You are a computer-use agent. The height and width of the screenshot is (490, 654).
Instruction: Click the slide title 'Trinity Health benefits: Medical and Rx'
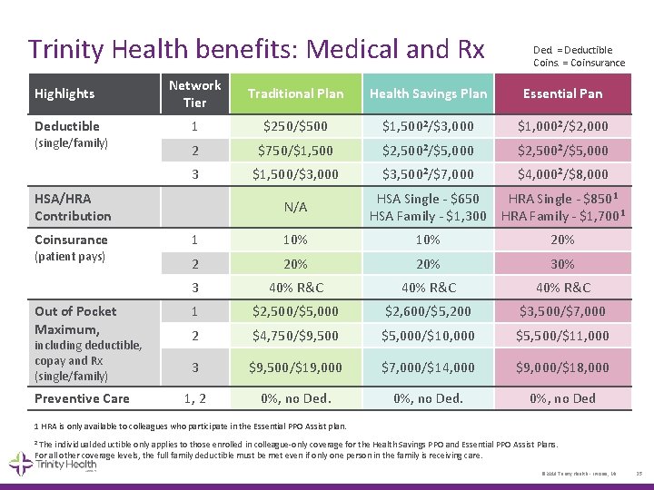point(256,48)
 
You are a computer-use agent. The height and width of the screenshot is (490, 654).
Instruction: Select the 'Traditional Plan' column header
point(295,93)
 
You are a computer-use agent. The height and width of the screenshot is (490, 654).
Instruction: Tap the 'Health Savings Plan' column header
point(428,93)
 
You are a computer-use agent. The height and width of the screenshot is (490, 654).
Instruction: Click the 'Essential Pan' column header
point(562,93)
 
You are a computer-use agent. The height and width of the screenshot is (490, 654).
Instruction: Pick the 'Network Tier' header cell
point(194,93)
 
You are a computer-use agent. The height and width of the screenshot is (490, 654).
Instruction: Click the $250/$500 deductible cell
point(295,126)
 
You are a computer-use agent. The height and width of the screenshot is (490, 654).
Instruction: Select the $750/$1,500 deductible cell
point(295,151)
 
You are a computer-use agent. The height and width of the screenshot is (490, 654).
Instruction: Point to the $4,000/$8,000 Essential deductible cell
point(562,174)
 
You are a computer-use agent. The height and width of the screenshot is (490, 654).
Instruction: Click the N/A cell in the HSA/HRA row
point(295,207)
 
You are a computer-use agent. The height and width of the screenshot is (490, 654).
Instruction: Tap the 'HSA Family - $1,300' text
point(428,216)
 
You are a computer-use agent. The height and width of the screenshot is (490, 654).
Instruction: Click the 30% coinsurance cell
point(562,264)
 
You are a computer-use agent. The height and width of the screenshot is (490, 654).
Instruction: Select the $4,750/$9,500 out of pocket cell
point(295,336)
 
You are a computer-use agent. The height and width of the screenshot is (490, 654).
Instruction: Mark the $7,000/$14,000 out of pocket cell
point(428,367)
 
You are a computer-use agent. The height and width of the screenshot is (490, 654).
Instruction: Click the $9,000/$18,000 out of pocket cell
point(562,367)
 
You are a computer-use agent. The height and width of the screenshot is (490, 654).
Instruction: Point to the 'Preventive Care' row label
point(82,398)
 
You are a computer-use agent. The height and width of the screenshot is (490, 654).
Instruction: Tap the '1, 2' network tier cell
point(194,398)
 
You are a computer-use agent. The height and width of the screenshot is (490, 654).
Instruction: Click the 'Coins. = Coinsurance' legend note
point(579,63)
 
